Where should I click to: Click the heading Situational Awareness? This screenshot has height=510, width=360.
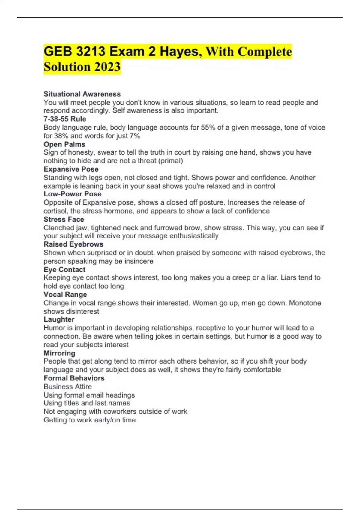(x=82, y=94)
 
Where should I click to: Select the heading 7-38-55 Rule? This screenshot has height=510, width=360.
(x=65, y=119)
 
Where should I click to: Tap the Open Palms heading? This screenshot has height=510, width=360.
(x=64, y=144)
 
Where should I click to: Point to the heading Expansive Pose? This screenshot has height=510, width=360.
(x=71, y=169)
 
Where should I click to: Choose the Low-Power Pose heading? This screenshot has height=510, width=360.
(x=72, y=194)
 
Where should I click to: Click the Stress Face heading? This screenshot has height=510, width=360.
(x=64, y=219)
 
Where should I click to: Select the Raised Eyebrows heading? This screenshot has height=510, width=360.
(x=73, y=244)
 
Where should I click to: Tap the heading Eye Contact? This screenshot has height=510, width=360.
(x=64, y=270)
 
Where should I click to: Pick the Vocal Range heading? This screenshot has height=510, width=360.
(x=65, y=295)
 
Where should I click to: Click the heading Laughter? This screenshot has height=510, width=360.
(x=59, y=319)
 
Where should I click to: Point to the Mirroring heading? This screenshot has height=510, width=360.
(x=59, y=353)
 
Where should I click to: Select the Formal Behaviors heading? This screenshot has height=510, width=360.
(x=74, y=378)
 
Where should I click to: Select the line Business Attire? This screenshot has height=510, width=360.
(x=68, y=386)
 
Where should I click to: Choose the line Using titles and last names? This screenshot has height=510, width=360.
(x=87, y=403)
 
